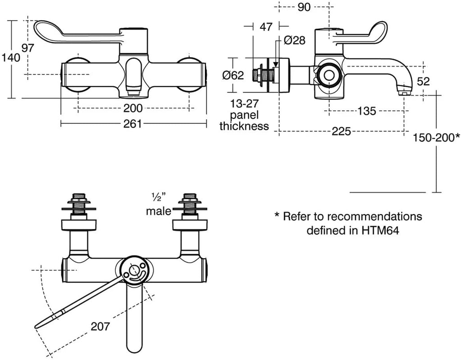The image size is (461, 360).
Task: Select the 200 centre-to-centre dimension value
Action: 133,108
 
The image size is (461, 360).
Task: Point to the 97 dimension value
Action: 28,48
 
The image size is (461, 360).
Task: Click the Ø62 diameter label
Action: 233,75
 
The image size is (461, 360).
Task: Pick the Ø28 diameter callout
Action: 294,40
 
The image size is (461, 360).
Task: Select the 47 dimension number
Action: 266,27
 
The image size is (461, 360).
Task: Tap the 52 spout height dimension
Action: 423,81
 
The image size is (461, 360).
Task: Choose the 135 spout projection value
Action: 367,111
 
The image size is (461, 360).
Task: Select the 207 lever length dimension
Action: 99,327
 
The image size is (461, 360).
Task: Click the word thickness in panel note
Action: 244,126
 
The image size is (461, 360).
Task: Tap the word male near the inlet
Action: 158,211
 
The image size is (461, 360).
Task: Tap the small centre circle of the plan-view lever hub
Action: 133,271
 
